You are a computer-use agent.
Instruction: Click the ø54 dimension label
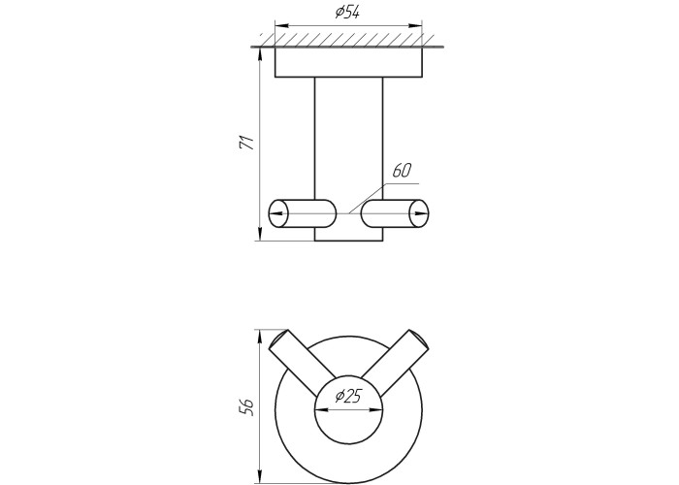pos(347,13)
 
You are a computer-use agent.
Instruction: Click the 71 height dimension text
pos(246,143)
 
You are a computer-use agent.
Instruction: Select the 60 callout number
pos(402,171)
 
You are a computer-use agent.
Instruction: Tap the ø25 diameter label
pos(347,396)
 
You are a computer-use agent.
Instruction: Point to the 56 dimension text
pos(246,407)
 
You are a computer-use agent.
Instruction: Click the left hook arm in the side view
pos(302,213)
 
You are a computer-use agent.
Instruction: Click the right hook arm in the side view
pos(396,213)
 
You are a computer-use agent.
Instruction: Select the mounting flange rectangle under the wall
pos(348,62)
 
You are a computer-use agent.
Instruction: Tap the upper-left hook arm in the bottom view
pos(303,363)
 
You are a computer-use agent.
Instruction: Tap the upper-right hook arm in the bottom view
pos(395,363)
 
